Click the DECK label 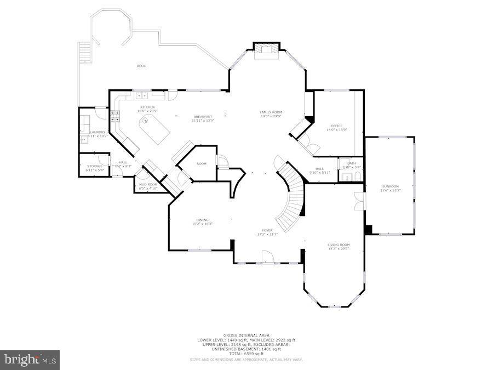(141, 66)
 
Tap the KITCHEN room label (147, 107)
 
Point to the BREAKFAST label (203, 116)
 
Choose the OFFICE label (336, 126)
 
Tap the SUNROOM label (391, 186)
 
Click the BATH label (351, 162)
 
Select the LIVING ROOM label (339, 244)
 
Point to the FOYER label (267, 230)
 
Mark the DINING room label (202, 220)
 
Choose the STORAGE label (94, 166)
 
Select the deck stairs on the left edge (84, 53)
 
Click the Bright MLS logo (30, 360)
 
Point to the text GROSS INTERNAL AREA (246, 335)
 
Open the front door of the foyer (268, 257)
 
